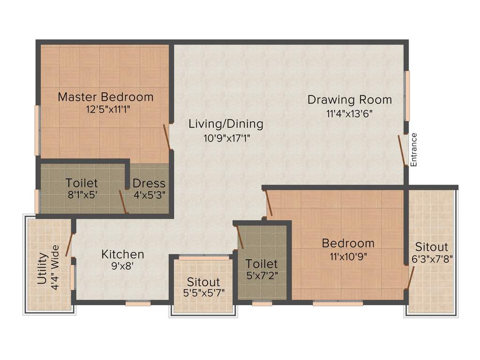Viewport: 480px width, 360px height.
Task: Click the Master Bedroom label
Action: (x=105, y=97)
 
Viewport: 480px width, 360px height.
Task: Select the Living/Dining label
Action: (x=226, y=124)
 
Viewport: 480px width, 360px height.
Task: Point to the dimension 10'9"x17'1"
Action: (x=226, y=138)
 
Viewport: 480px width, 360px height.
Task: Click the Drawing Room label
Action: (x=349, y=99)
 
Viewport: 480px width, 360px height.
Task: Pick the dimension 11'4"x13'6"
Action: (x=349, y=113)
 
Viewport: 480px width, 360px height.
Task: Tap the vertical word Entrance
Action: (x=413, y=150)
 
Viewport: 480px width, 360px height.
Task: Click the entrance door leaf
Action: (x=402, y=150)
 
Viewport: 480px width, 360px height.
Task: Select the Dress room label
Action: (x=149, y=183)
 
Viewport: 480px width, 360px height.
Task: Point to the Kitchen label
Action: (x=123, y=254)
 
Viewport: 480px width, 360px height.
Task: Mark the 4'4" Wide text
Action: (x=55, y=268)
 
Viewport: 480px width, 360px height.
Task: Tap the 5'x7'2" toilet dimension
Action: (x=262, y=276)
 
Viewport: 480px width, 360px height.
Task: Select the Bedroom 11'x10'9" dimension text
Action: (x=348, y=256)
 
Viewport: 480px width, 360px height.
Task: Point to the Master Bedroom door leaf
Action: (x=166, y=137)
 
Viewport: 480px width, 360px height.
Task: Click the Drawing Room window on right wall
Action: (x=407, y=96)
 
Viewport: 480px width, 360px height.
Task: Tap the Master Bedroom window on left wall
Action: (x=37, y=130)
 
